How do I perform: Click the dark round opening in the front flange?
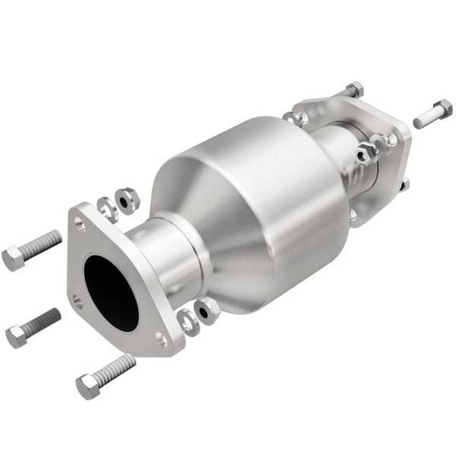click(x=110, y=292)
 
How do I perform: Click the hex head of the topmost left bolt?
click(x=14, y=259)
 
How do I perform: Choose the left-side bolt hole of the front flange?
click(x=76, y=299)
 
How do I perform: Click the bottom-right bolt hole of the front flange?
click(x=160, y=338)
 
